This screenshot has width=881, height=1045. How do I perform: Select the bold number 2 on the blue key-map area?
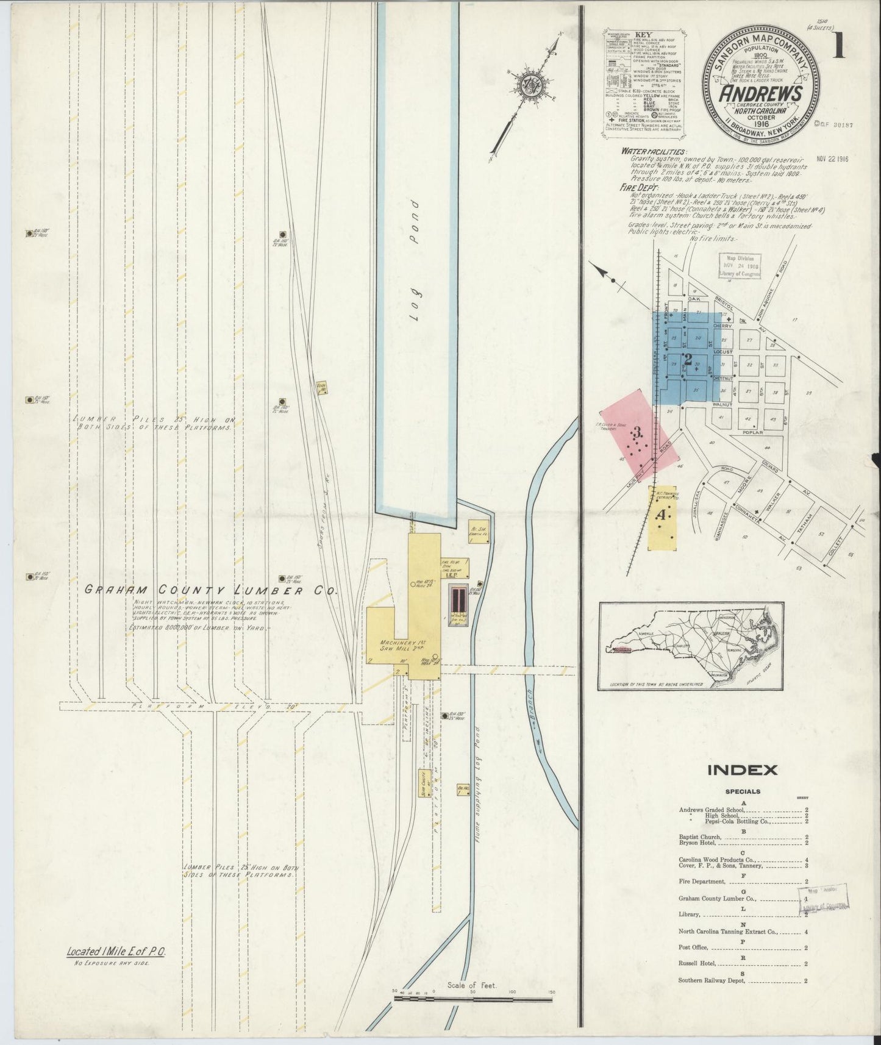(x=688, y=359)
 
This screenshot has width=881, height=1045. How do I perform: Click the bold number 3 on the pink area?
(x=637, y=433)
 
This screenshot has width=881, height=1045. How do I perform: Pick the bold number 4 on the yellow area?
(x=661, y=515)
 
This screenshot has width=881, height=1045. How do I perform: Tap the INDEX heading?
(x=742, y=769)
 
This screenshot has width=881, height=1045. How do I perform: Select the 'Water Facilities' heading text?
(x=654, y=151)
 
